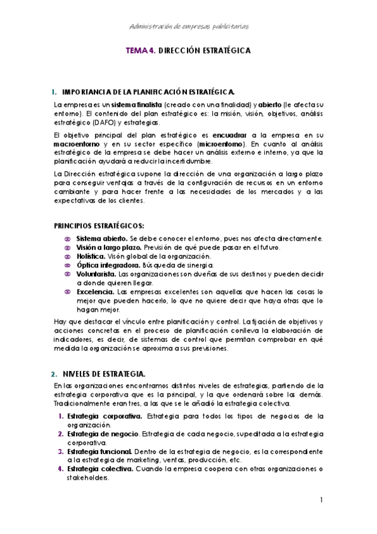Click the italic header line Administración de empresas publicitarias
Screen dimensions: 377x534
click(x=188, y=26)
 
